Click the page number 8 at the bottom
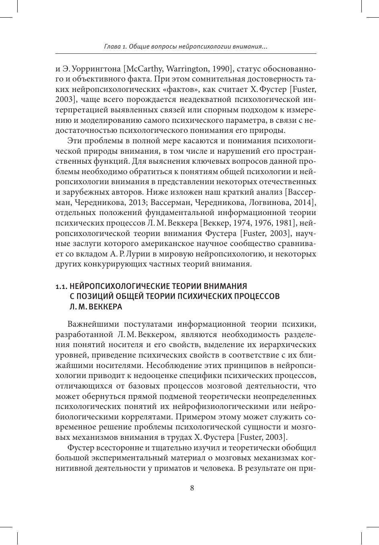192,488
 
